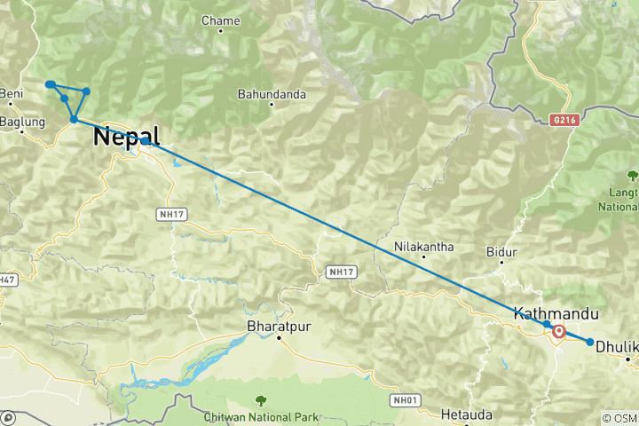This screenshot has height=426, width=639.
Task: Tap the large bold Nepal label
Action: point(126,137)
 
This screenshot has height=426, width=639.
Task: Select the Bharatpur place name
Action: point(279,325)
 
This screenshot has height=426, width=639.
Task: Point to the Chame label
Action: point(221,20)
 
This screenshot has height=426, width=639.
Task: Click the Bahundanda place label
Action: point(272,93)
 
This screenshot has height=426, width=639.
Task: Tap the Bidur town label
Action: point(501,252)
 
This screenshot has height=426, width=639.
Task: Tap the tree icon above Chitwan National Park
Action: point(260,400)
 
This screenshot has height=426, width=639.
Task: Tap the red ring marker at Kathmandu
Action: point(559,332)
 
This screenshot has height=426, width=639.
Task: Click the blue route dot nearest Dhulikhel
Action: point(590,342)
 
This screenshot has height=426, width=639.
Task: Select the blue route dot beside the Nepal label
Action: point(144,140)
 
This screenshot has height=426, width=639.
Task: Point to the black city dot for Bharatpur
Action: point(278,338)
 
